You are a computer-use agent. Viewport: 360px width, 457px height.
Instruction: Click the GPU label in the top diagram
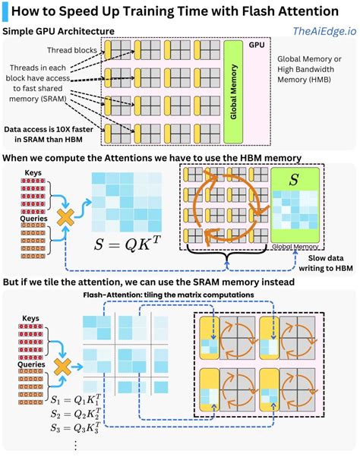point(256,45)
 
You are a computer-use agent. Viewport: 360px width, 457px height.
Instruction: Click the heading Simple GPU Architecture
point(59,31)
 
